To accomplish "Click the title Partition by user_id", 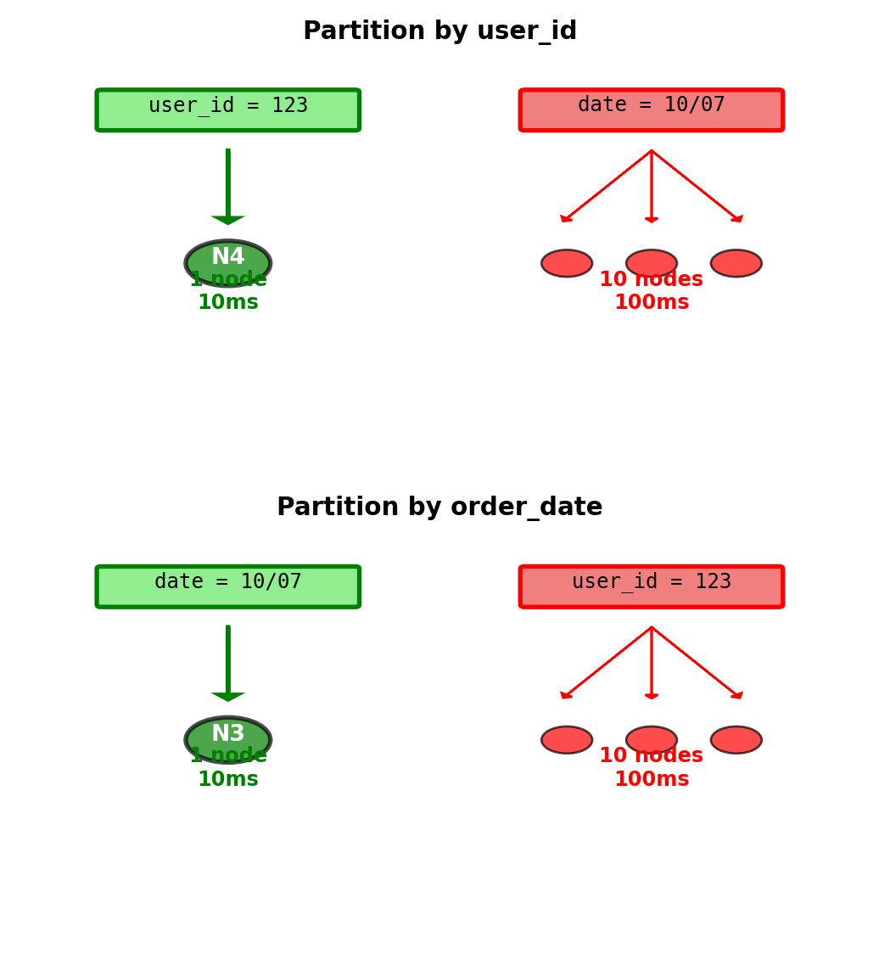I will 439,31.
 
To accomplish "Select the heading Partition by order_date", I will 439,508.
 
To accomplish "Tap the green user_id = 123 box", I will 227,110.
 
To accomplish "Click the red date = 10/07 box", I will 651,110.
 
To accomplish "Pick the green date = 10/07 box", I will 227,586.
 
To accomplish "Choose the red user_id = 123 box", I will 651,586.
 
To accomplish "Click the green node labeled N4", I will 227,257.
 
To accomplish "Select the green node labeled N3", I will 227,733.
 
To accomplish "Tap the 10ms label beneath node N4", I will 227,303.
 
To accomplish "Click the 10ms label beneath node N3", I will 227,779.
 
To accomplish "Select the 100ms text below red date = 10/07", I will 651,303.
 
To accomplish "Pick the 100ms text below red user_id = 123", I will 651,779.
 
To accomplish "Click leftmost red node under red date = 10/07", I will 567,263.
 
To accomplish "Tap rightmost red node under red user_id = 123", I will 736,739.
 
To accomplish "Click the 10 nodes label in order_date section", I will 651,756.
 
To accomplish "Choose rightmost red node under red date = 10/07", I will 736,263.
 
